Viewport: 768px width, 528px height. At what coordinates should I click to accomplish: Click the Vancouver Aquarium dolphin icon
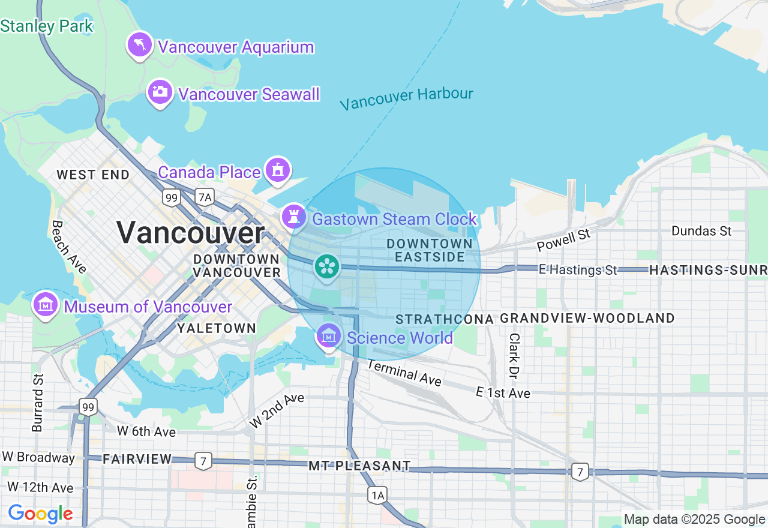tap(139, 46)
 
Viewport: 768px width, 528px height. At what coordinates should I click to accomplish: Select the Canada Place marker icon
tap(277, 170)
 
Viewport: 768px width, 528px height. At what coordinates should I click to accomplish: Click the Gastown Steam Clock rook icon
tap(294, 217)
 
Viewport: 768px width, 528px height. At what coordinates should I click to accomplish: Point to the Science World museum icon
tap(329, 337)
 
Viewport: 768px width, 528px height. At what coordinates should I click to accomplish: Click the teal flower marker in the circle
tap(328, 266)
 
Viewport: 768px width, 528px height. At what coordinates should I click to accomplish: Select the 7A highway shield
tap(205, 197)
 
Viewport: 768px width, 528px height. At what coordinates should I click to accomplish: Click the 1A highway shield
tap(377, 495)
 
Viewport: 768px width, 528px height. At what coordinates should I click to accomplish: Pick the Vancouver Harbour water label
tap(406, 98)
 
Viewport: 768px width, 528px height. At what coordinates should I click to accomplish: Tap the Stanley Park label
tap(47, 26)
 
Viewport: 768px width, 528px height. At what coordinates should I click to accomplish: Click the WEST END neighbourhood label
tap(93, 175)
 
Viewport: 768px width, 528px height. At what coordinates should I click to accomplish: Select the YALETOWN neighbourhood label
tap(217, 328)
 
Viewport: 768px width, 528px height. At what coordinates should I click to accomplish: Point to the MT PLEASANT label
tap(360, 466)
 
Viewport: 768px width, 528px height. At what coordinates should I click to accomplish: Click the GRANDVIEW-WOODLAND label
tap(587, 318)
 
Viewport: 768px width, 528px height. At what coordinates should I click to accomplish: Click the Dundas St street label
tap(701, 231)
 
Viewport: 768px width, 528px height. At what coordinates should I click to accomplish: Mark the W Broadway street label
tap(38, 457)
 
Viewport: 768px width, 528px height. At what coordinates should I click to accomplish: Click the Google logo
tap(40, 514)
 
